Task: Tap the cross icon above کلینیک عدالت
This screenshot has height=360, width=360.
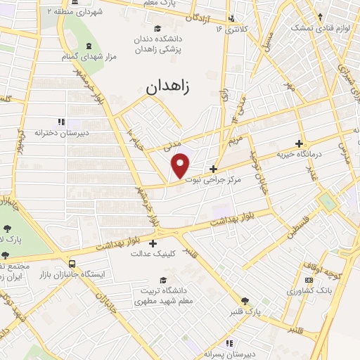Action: [153, 243]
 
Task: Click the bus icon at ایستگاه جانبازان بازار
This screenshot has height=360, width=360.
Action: [73, 264]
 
